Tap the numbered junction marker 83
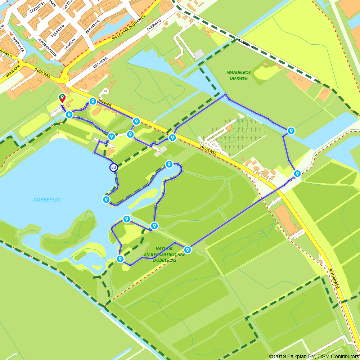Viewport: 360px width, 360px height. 114,167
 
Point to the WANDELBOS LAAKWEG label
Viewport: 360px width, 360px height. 238,75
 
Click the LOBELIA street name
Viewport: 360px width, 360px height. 71,42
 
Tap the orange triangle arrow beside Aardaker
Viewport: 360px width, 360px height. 11,34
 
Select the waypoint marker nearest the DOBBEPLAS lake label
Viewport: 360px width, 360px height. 106,199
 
